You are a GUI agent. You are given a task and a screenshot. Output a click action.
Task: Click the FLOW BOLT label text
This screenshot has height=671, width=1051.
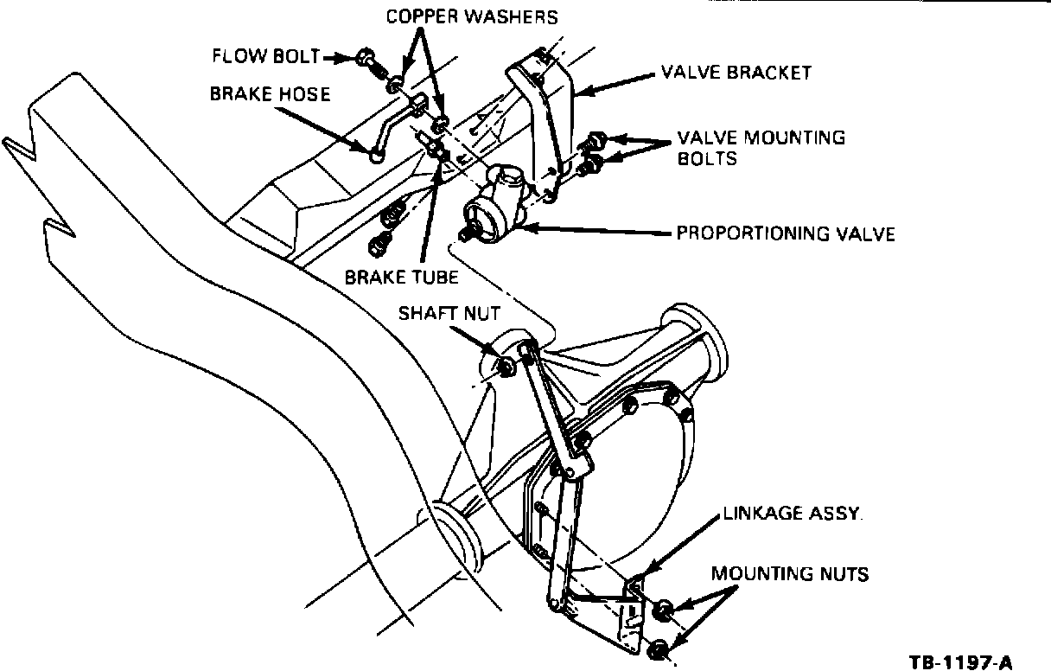pyautogui.click(x=265, y=57)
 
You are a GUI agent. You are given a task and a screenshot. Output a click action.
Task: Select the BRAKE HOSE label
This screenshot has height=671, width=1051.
pyautogui.click(x=270, y=93)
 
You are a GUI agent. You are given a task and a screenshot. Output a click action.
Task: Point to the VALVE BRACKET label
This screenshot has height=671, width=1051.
pyautogui.click(x=736, y=72)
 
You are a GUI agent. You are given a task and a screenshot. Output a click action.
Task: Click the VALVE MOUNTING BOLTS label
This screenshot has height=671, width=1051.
pyautogui.click(x=761, y=148)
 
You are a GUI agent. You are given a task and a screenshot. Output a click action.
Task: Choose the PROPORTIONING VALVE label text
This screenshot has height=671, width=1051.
pyautogui.click(x=785, y=233)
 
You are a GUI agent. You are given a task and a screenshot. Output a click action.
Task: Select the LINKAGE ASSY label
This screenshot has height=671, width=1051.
pyautogui.click(x=793, y=514)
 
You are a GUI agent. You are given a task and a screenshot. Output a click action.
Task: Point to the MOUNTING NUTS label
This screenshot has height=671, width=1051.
pyautogui.click(x=790, y=573)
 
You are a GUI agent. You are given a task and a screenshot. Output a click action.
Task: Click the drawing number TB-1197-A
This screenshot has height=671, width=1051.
pyautogui.click(x=959, y=663)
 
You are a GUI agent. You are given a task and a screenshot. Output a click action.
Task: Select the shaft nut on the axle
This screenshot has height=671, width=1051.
pyautogui.click(x=503, y=367)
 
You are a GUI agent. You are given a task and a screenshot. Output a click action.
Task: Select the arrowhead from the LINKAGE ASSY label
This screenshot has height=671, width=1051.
pyautogui.click(x=643, y=572)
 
